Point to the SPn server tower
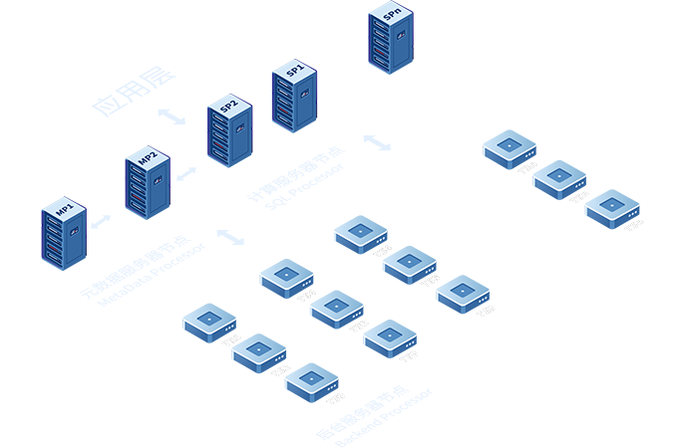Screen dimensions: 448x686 tap(389, 39)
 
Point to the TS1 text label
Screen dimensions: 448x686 tap(231, 341)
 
